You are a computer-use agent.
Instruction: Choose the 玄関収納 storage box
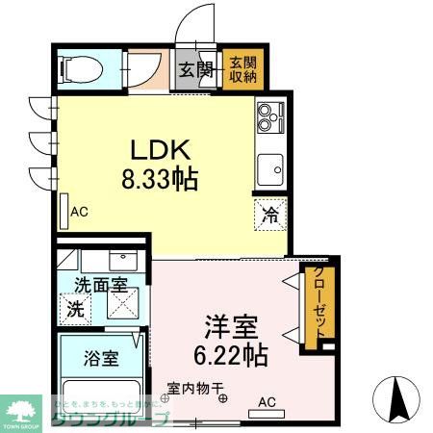click(242, 69)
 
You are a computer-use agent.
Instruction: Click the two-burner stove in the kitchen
click(269, 120)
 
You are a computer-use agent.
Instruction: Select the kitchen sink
click(271, 170)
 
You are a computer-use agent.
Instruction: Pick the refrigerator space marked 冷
click(270, 216)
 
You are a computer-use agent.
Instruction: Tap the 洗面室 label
click(100, 286)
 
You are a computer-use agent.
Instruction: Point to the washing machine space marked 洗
click(75, 310)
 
